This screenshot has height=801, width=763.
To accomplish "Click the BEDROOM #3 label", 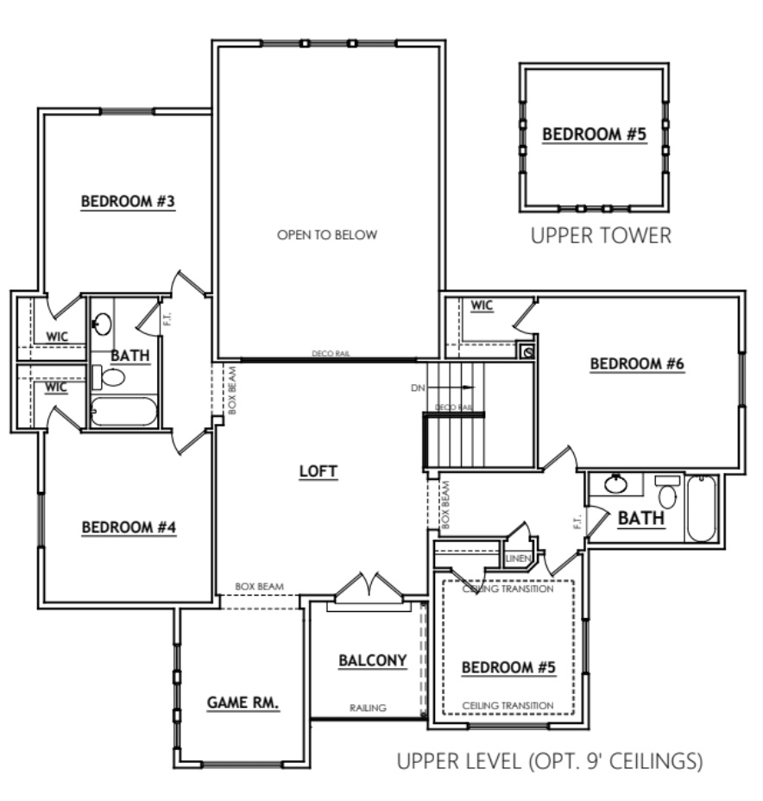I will pos(128,202).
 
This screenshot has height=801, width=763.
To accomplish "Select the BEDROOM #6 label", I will pos(637,364).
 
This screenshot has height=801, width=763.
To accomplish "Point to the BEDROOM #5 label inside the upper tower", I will pos(594,134).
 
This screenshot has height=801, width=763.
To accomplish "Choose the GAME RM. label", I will pos(243,703).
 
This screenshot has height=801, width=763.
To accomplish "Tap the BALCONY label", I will pos(372,661).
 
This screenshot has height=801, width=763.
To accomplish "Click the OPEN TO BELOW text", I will pos(327,235).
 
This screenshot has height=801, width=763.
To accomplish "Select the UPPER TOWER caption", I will pos(600,236).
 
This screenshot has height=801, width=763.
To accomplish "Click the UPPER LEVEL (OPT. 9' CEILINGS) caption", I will pos(550,761).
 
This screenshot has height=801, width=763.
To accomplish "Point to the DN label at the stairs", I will pos(419,388).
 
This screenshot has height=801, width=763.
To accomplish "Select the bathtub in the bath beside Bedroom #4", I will pos(123,411).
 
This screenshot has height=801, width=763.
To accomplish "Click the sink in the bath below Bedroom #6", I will pos(617,484).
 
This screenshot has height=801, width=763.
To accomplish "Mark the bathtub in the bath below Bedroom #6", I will pos(701,508).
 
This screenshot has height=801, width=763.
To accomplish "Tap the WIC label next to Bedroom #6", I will pos(482,306).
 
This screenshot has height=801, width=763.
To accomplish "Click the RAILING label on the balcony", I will pos(368,708).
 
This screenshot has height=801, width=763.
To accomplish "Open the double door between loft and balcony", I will pos(369,590).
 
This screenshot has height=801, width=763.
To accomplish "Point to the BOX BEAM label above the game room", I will pos(256,587).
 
